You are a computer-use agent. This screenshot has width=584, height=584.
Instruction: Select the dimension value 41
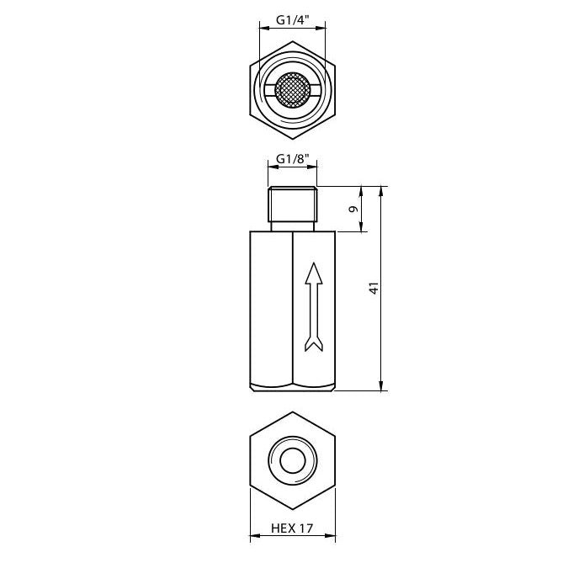coord(374,287)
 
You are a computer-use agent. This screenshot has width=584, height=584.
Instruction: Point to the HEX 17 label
coord(291,529)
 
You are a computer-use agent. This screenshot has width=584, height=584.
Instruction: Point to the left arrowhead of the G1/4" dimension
coord(263,28)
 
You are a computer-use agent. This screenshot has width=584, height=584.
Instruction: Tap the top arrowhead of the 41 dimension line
coord(383,190)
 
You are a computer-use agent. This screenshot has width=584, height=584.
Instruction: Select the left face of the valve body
coord(270,308)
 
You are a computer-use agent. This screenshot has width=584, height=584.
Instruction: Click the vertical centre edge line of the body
coord(291,308)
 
